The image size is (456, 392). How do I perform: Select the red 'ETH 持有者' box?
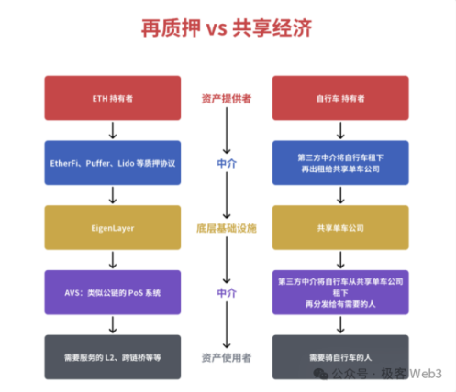click(112, 97)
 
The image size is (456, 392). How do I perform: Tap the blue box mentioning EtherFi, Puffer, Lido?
click(112, 161)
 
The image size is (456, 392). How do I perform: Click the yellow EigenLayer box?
click(112, 225)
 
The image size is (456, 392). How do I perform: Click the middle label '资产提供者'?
click(228, 97)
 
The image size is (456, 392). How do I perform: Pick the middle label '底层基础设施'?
click(228, 225)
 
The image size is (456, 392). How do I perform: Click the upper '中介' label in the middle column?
click(228, 161)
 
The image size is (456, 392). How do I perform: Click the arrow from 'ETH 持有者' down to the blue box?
click(112, 129)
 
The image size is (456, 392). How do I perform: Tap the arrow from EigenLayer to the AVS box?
click(112, 257)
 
